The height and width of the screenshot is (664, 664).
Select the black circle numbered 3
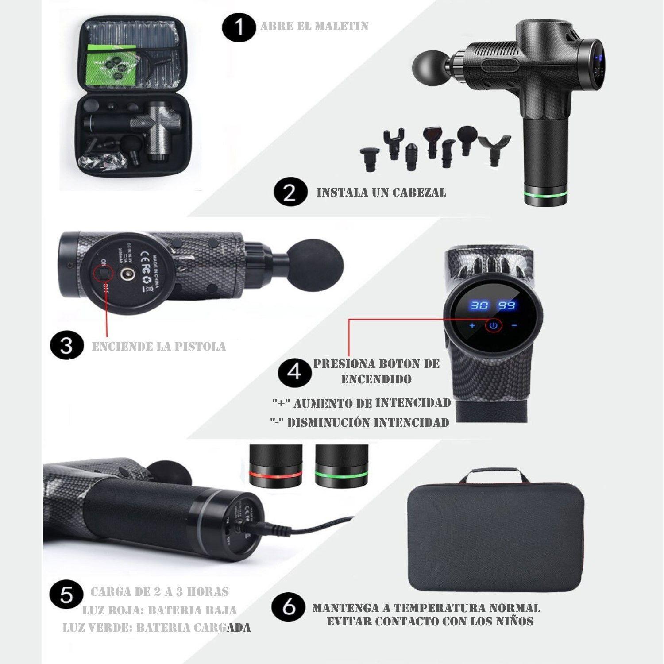(x=67, y=345)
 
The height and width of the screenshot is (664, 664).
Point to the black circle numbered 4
(x=294, y=371)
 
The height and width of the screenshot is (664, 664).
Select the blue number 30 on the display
(x=479, y=305)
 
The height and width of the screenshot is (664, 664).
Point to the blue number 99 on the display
(x=506, y=305)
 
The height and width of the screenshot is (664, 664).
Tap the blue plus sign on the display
(x=472, y=326)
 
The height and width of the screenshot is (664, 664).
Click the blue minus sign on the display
(x=514, y=326)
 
